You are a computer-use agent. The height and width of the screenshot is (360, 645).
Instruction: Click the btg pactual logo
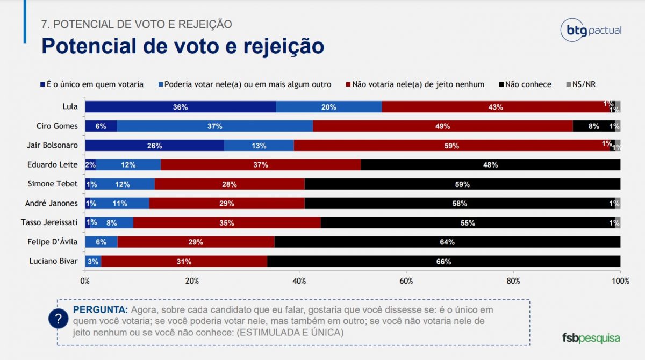[591, 30]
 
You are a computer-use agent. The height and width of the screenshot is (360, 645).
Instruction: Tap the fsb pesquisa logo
[591, 338]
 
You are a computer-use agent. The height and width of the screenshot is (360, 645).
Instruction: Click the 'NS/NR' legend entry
[582, 84]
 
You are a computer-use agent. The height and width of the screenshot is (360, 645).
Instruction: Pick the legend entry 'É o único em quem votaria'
[92, 84]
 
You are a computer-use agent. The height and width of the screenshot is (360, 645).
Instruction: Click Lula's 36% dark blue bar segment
[180, 106]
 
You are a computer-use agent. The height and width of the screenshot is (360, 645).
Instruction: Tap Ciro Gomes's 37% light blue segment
[214, 126]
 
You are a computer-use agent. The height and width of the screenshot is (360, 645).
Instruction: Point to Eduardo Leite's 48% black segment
[490, 164]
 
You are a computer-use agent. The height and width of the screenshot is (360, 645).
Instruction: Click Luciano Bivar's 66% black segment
[443, 261]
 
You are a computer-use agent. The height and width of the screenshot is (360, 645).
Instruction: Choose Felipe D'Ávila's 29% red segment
[196, 242]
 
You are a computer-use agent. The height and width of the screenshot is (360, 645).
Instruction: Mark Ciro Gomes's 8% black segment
[593, 126]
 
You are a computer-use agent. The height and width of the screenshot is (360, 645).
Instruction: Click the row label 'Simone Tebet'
[53, 184]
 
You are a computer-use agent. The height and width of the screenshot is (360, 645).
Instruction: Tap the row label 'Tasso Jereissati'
[49, 222]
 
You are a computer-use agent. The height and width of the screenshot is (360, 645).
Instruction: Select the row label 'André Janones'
[52, 203]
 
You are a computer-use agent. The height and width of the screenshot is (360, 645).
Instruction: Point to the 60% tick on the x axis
[406, 280]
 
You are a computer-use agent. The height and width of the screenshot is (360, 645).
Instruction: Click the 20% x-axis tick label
[192, 280]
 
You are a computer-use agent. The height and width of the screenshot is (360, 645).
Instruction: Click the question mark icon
[58, 319]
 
